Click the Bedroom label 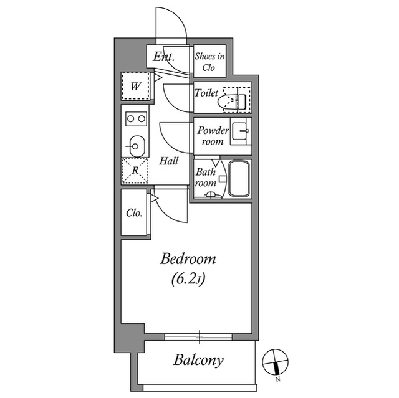coord(188,259)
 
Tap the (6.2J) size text coord(188,279)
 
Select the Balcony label coord(198,360)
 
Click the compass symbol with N coord(276,362)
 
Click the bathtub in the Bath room coord(239,178)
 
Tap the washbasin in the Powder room coord(239,131)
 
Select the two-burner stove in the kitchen coord(136,119)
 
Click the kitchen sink coord(137,146)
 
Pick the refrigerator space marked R coord(135,171)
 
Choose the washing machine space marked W coord(136,86)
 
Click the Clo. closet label coord(134,213)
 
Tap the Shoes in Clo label coord(209,62)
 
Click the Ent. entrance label coord(163,57)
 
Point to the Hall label coord(169,161)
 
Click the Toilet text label coord(206,93)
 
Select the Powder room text coord(213,136)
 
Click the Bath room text coord(206,178)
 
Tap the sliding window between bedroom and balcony coord(198,337)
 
